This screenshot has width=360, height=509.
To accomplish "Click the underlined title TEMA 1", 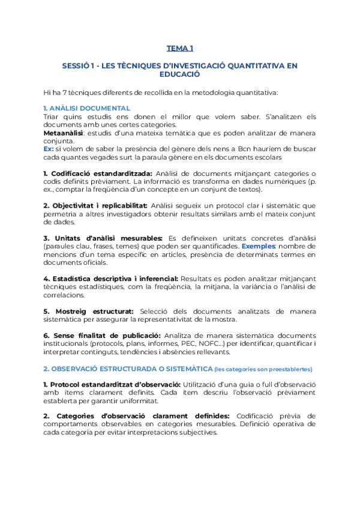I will coord(179,48).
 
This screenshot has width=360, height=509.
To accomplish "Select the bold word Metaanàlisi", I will coord(64,132).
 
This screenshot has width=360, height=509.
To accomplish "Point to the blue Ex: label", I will coord(49,148).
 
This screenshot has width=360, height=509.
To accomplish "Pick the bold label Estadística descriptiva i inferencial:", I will coord(114,279).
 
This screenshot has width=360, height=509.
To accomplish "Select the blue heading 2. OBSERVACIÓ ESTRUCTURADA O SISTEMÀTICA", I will coord(128,368).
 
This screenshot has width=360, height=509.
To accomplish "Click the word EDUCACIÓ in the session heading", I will coord(179,75).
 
